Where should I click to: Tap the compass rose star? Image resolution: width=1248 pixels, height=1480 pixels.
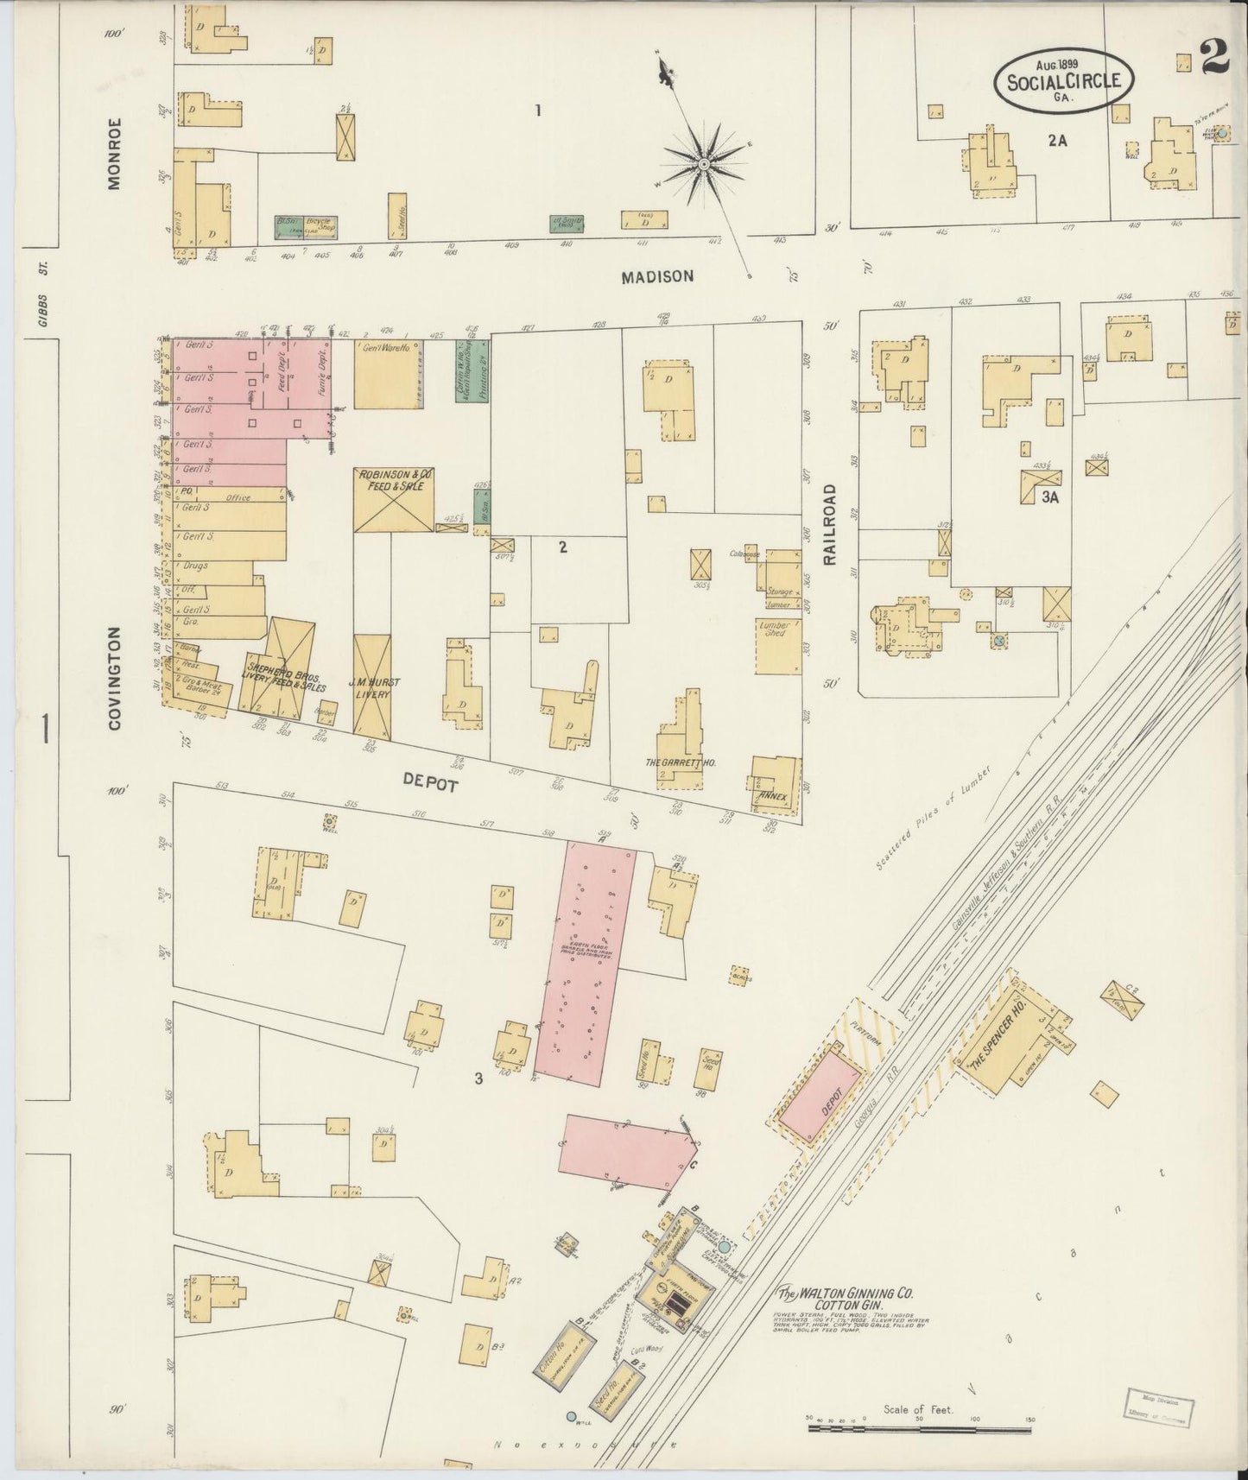[x=704, y=162]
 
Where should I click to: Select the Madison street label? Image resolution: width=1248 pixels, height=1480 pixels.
[x=657, y=276]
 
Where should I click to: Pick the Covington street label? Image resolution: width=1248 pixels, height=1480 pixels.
[x=115, y=679]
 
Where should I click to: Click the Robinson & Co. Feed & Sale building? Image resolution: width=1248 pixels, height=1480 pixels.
[x=393, y=500]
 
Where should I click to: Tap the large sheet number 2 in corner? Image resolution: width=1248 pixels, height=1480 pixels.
[x=1214, y=58]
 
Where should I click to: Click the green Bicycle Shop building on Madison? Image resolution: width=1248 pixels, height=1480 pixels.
[x=306, y=227]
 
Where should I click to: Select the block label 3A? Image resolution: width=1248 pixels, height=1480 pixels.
[x=1049, y=496]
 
